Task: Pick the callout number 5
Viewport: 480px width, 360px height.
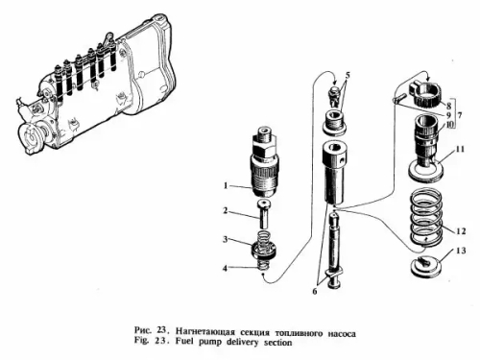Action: (x=348, y=75)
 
